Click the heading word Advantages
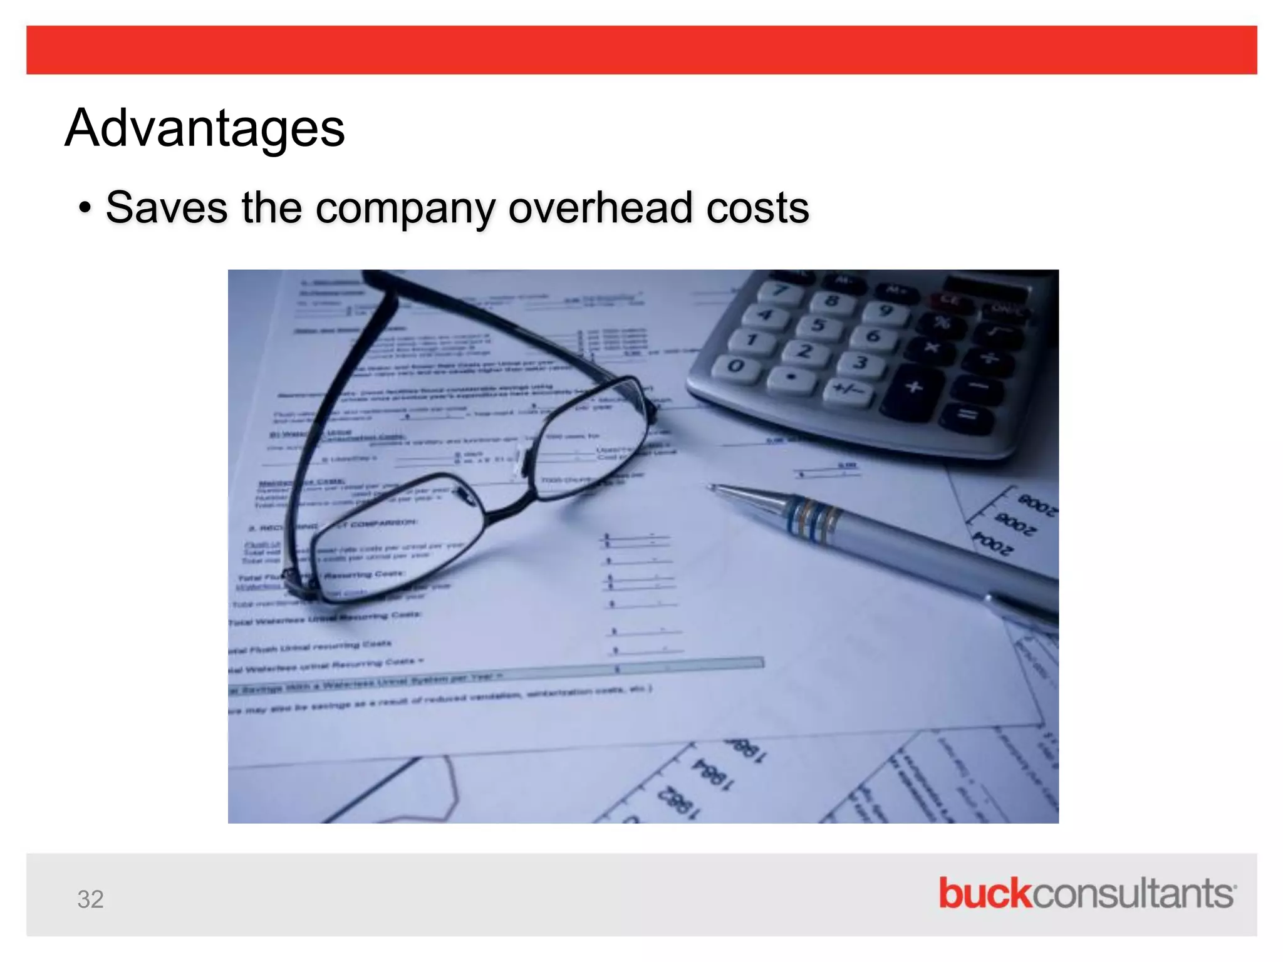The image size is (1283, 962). pyautogui.click(x=204, y=128)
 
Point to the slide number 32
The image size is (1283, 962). pyautogui.click(x=90, y=899)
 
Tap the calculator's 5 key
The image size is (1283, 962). pyautogui.click(x=818, y=326)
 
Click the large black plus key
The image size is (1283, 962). pyautogui.click(x=914, y=387)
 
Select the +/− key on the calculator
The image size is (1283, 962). pyautogui.click(x=849, y=391)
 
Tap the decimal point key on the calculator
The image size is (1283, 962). pyautogui.click(x=791, y=377)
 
